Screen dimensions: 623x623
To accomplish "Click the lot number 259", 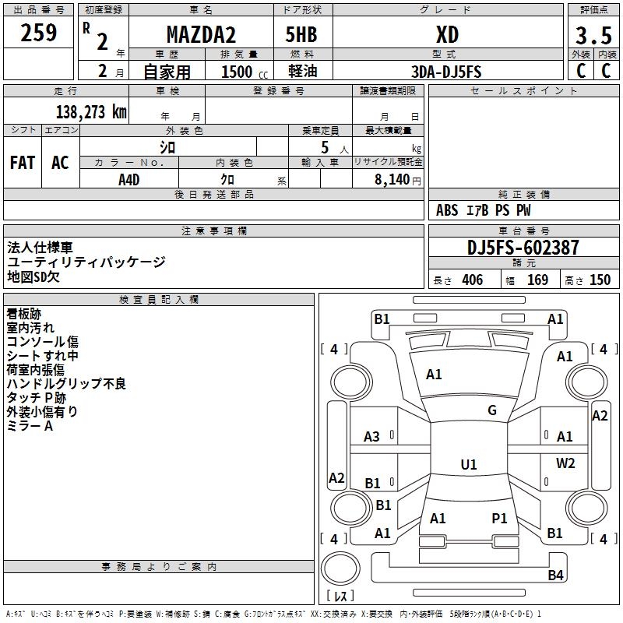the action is (x=39, y=33).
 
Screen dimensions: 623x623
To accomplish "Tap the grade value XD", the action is (x=447, y=35).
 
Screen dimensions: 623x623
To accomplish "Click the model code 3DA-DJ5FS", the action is (x=447, y=72).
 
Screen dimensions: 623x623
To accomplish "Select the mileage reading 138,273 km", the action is (x=91, y=111).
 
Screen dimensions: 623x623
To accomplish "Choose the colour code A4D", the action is (x=129, y=179).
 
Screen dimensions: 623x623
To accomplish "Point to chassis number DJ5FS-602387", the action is (x=523, y=248).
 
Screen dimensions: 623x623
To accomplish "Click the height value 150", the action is (x=600, y=280).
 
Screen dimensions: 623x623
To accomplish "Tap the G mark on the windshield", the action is (x=492, y=410).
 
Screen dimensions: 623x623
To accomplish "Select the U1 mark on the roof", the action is (x=469, y=465).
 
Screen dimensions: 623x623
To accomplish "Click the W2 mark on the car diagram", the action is (x=565, y=463).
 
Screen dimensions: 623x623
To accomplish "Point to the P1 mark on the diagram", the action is (x=499, y=518).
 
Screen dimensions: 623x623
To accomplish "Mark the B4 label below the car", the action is (x=555, y=575).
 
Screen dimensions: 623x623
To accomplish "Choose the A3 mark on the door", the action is (x=372, y=437).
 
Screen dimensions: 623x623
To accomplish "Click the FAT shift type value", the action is (x=23, y=163).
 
